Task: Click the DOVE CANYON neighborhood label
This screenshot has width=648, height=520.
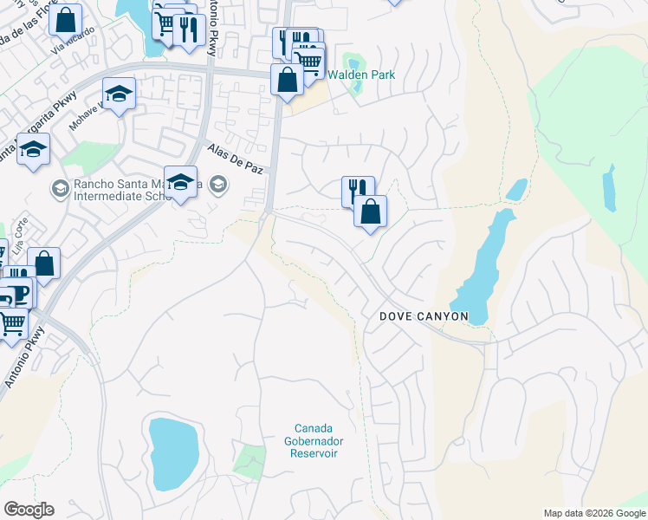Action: tap(424, 317)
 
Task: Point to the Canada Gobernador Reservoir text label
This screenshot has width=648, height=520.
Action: tap(314, 440)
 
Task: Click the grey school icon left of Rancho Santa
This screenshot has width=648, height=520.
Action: tap(60, 187)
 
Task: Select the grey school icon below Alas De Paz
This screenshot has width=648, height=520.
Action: tap(218, 184)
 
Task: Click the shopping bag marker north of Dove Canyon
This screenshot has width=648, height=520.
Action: tap(370, 211)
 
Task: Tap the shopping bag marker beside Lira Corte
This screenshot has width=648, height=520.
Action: tap(43, 263)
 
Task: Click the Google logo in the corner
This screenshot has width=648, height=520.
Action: tap(29, 510)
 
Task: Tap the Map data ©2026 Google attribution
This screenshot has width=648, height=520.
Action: tap(594, 513)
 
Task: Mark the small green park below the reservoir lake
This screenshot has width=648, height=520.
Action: tap(249, 458)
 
